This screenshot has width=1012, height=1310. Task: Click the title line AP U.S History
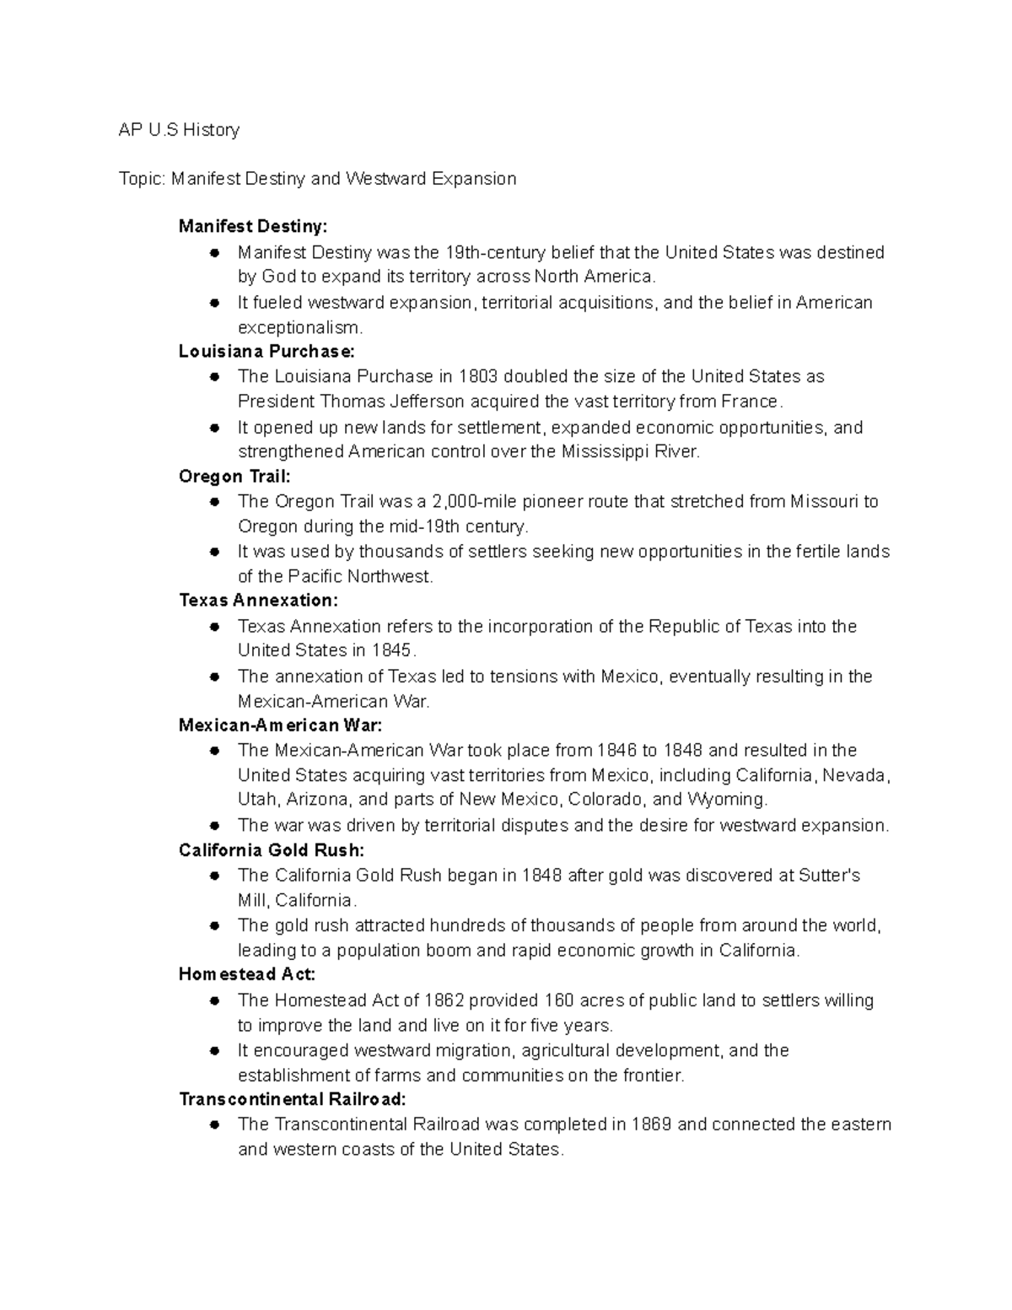coord(179,130)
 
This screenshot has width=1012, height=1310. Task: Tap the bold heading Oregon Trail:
coord(234,477)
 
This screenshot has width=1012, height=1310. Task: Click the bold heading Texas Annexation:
coord(258,601)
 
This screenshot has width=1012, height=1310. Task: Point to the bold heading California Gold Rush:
coord(272,850)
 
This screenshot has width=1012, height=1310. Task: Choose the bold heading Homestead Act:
coord(247,975)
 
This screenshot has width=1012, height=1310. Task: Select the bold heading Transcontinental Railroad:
coord(292,1099)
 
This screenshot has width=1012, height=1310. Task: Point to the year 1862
coord(444,1000)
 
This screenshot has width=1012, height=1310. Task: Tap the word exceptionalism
coord(300,327)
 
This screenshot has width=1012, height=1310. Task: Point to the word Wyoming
coord(726,800)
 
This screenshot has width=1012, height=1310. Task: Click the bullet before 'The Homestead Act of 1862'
coord(216,1000)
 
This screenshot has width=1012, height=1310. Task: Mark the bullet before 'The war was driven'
coord(216,825)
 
